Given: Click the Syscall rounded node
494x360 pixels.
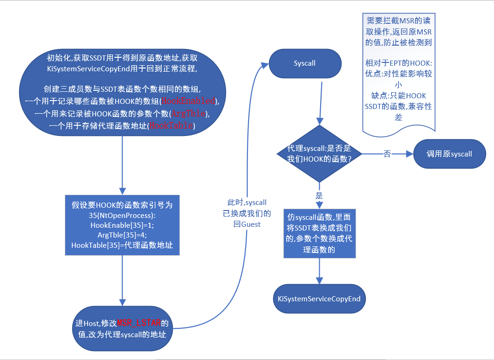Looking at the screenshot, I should [305, 63].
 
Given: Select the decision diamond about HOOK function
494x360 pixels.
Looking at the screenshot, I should [319, 154].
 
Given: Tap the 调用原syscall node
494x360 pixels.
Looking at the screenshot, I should [449, 154].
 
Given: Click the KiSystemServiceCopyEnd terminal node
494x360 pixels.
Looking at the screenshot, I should [319, 299].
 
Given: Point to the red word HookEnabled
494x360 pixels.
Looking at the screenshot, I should [189, 101].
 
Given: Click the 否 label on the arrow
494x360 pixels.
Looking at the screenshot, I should [387, 154].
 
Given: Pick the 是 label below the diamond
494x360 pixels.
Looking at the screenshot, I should [319, 196].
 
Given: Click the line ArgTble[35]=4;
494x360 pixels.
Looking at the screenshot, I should [122, 235].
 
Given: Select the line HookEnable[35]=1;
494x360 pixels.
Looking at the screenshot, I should [122, 225].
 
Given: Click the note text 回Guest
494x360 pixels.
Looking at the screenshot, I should [247, 224].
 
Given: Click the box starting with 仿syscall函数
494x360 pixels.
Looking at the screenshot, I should [319, 234].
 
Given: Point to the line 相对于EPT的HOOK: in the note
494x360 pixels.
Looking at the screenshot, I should [398, 63].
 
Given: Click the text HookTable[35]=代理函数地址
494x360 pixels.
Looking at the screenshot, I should [122, 245].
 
